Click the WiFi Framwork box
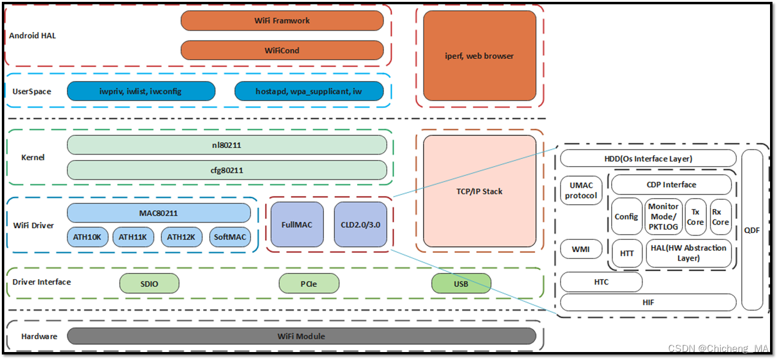tap(282, 20)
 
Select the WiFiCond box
tap(282, 50)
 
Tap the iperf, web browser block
tap(479, 56)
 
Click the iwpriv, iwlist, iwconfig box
tap(141, 91)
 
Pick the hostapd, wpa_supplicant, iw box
tap(309, 91)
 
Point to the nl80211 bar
tap(226, 145)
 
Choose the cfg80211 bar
tap(226, 170)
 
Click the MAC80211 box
tap(158, 213)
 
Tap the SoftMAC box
tap(229, 237)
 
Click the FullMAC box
tap(297, 225)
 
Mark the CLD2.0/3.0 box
tap(360, 225)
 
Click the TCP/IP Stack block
tap(479, 191)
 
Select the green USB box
tap(461, 283)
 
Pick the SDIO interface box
tap(149, 283)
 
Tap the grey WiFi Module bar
tap(301, 336)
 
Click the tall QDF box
tap(752, 230)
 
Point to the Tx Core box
tap(695, 217)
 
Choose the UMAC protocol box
tap(581, 190)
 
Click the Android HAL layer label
tap(33, 36)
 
